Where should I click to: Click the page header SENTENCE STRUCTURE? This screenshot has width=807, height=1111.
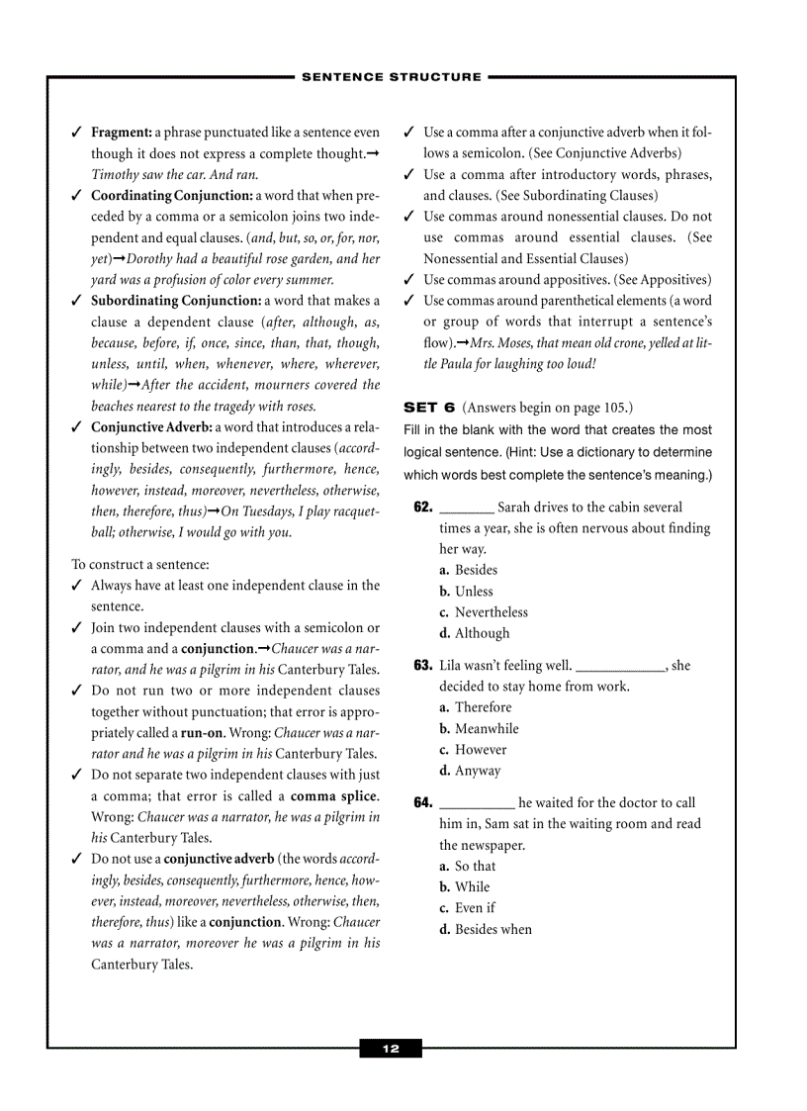[x=392, y=76]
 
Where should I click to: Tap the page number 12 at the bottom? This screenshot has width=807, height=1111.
[x=391, y=1049]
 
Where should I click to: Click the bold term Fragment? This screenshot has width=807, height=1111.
[x=122, y=132]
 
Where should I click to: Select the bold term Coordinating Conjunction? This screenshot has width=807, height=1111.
[x=171, y=195]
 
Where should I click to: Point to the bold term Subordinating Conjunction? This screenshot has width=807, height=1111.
[x=176, y=301]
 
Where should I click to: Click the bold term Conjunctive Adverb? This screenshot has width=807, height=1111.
[x=151, y=427]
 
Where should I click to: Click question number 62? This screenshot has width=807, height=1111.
[x=423, y=508]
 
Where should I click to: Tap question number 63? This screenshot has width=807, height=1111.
[x=423, y=666]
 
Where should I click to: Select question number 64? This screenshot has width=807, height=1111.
[x=423, y=803]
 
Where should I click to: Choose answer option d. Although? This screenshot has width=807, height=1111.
[x=475, y=633]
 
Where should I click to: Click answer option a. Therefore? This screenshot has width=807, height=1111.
[x=476, y=707]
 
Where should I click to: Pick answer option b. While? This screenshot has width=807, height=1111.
[x=465, y=887]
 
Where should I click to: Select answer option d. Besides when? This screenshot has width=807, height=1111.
[x=486, y=929]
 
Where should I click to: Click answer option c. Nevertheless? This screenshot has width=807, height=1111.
[x=484, y=612]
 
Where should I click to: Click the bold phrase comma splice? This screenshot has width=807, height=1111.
[x=333, y=796]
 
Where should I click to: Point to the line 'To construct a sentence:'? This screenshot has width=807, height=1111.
[x=140, y=564]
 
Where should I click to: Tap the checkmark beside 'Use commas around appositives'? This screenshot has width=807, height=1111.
[x=409, y=280]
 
